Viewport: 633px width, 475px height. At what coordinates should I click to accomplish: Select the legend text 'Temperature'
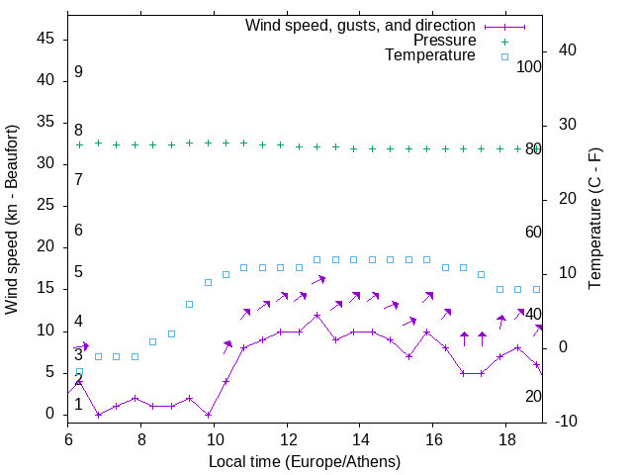coord(430,55)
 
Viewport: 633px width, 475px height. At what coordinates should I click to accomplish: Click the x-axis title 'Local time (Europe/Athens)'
coord(305,461)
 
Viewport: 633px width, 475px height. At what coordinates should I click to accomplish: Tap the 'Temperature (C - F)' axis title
coord(594,220)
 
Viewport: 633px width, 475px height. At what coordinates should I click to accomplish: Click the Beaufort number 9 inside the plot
coord(78,72)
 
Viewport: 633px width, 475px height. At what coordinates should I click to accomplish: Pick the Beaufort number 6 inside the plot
coord(78,231)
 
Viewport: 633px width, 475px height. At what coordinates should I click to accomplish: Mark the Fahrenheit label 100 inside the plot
coord(529,66)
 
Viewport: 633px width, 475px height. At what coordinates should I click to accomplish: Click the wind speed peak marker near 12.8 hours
coord(316,316)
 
